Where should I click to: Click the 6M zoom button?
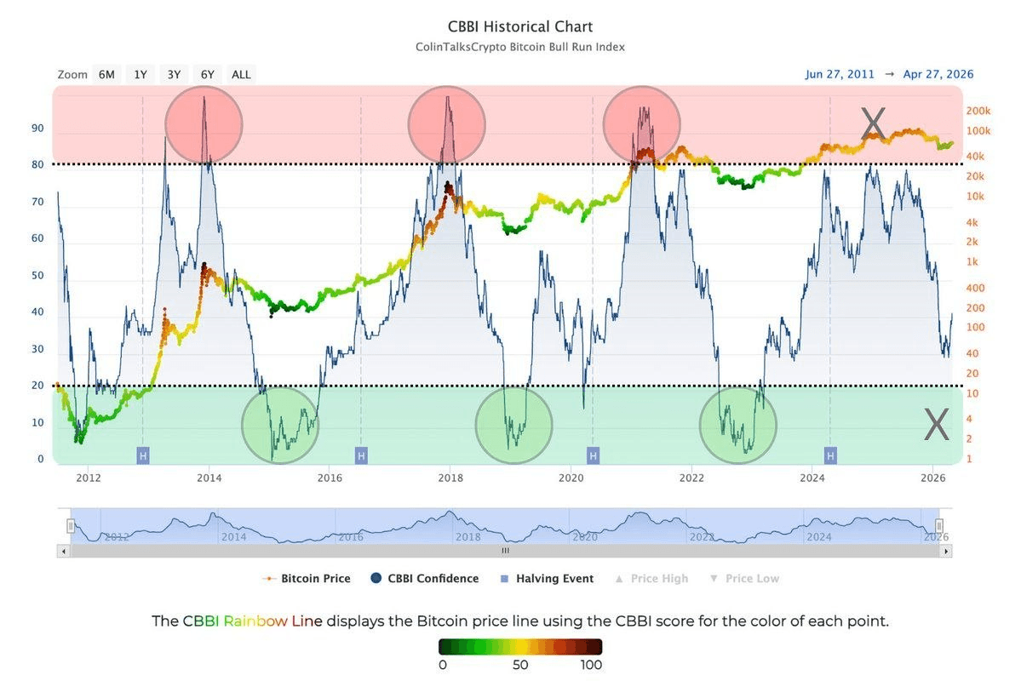[106, 74]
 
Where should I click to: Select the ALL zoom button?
[241, 74]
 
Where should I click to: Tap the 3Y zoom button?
[174, 74]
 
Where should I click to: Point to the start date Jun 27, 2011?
[840, 74]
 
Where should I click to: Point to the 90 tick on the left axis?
[37, 129]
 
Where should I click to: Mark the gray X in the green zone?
[936, 425]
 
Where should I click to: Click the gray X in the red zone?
[873, 124]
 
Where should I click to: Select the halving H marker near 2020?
[593, 456]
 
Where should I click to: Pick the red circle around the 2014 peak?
[204, 125]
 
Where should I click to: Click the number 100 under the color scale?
[590, 665]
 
